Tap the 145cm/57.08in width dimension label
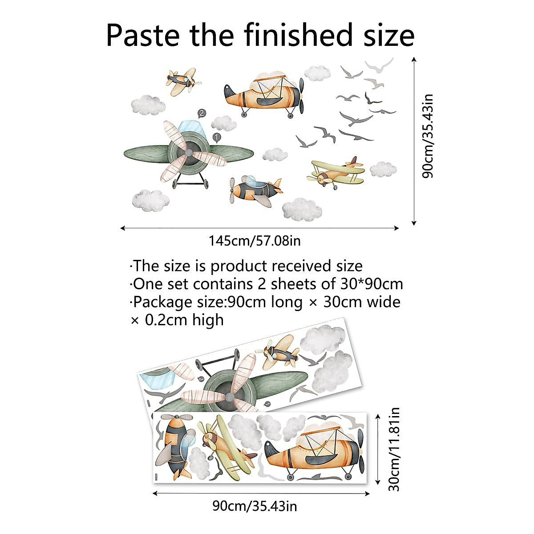pos(255,241)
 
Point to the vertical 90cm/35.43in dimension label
pos(428,136)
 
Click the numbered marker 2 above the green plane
pos(202,113)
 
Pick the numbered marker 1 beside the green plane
pos(217,137)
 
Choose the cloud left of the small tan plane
pos(147,105)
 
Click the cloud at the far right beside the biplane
pos(383,169)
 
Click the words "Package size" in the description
pos(178,302)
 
